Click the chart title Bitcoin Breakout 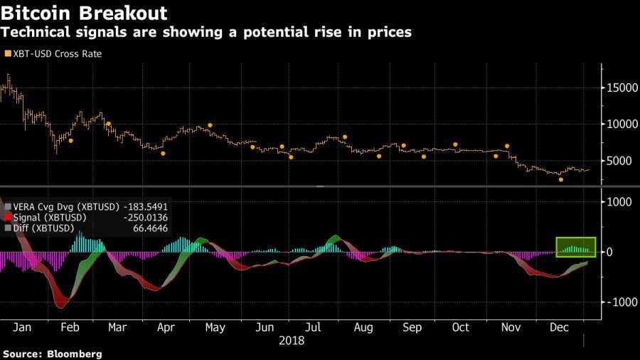pos(85,13)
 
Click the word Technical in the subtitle pos(39,32)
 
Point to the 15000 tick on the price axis pos(621,88)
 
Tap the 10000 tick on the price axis pos(621,124)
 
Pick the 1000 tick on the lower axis pos(618,202)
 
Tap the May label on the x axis pos(215,327)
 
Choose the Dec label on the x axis pos(560,327)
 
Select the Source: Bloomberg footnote pos(52,354)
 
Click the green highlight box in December pos(575,246)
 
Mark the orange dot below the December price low pos(561,180)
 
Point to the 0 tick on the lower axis pos(608,252)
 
